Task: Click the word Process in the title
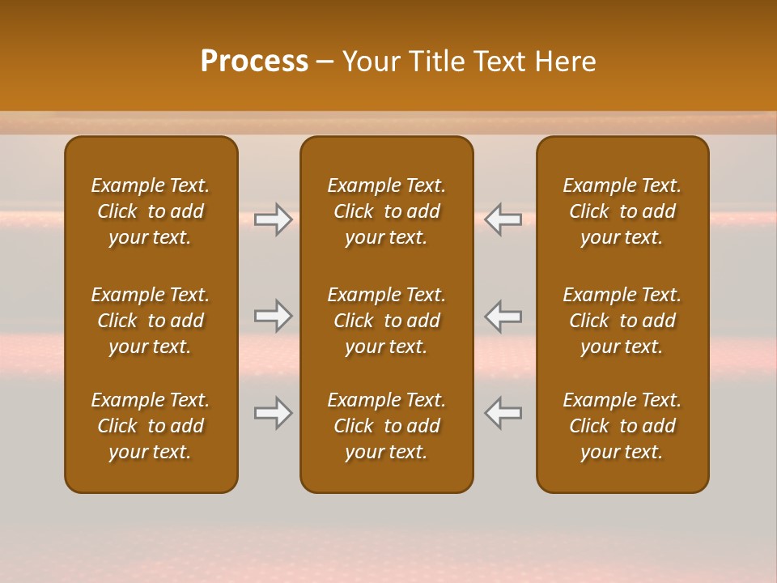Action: (254, 62)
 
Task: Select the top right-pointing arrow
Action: (274, 219)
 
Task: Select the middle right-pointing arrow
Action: (274, 316)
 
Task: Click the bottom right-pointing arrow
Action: (274, 413)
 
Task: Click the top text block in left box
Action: (151, 211)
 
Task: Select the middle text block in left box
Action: (151, 321)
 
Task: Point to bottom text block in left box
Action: (151, 426)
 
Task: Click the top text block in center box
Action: (386, 211)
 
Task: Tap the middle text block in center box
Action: (386, 321)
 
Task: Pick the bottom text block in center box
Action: (386, 426)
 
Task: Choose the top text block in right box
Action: (622, 211)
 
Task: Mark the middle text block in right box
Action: (622, 321)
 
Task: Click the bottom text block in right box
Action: (622, 426)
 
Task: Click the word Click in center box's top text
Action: (353, 211)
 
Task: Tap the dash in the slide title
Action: (325, 62)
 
